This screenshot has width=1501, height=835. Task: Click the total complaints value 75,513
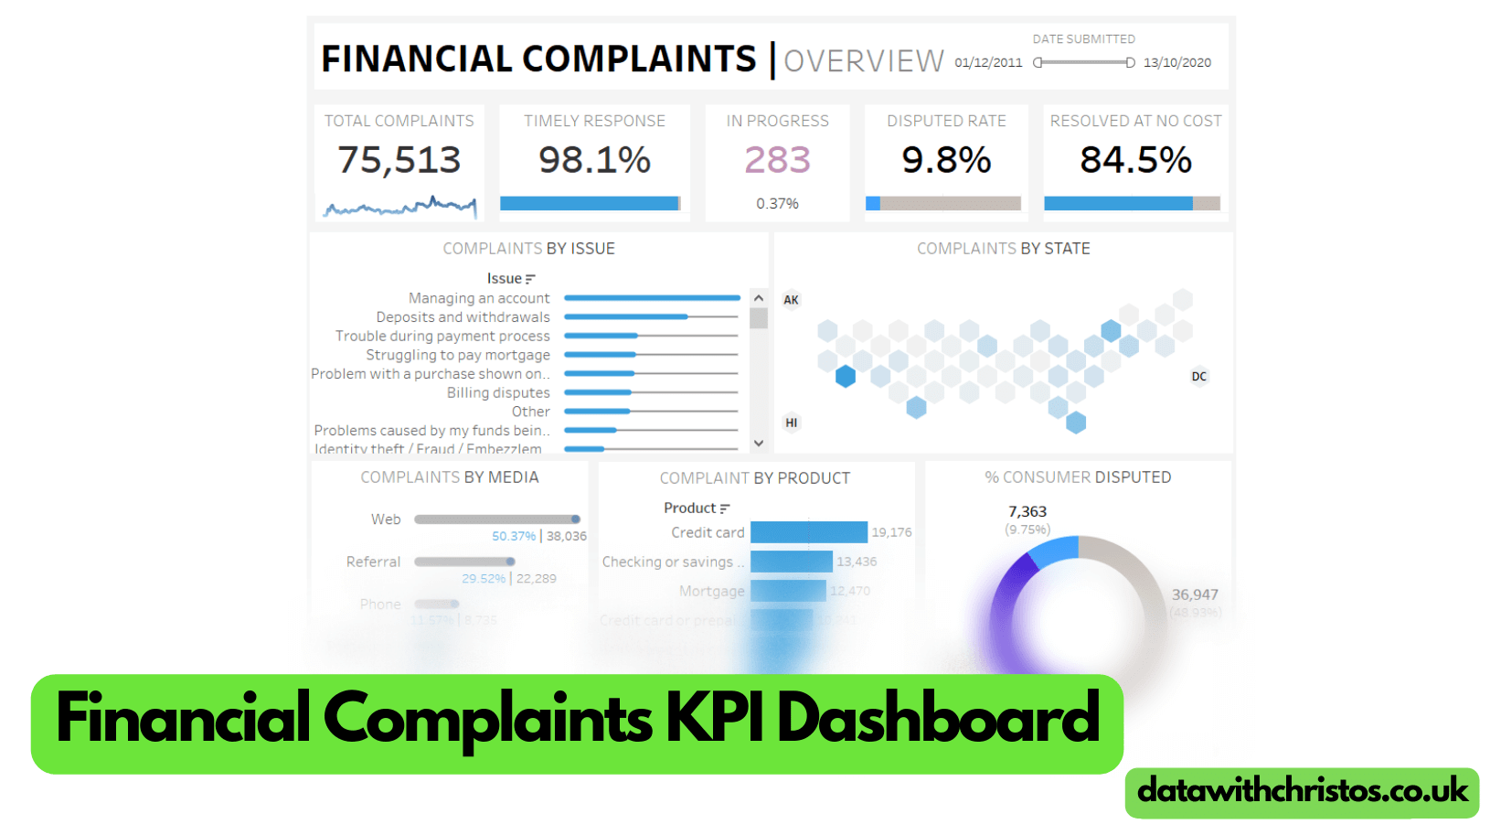coord(399,160)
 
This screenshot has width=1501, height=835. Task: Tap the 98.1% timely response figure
coord(594,160)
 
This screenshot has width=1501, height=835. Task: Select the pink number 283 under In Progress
coord(777,160)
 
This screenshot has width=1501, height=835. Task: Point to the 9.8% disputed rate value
coord(946,160)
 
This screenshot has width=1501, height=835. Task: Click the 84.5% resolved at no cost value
coord(1135,160)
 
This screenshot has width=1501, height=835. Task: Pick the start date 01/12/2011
coord(988,63)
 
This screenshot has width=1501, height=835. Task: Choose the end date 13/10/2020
coord(1176,63)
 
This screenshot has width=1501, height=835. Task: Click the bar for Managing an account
coord(652,298)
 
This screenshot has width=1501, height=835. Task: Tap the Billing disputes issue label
coord(498,393)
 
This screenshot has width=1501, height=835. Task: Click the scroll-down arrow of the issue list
coord(759,443)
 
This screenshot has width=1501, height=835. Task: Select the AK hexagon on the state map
coord(791,300)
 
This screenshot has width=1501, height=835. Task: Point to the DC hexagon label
coord(1198,377)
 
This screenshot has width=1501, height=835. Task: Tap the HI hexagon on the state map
coord(791,423)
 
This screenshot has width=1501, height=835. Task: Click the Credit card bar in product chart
coord(808,532)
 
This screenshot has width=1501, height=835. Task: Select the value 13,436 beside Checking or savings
coord(857,562)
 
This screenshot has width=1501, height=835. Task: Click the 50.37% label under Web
coord(514,537)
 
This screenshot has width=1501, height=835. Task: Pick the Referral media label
coord(373,562)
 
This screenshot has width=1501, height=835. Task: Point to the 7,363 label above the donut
coord(1027,512)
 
